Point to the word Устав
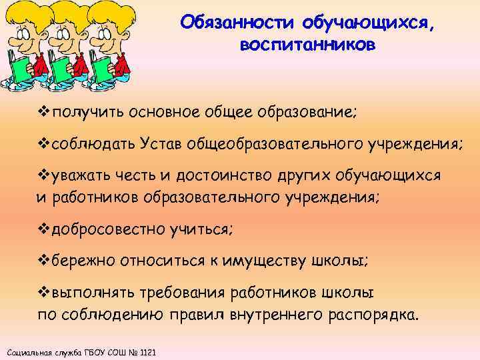[161, 144]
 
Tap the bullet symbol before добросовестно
[41, 229]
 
